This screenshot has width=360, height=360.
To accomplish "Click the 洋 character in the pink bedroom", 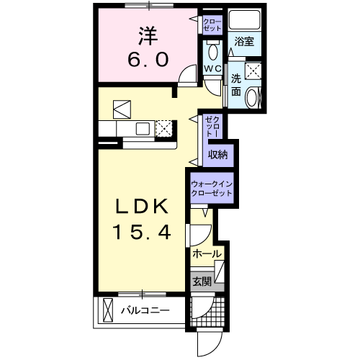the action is click(148, 36).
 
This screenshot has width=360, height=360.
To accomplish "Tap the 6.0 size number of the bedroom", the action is click(148, 60).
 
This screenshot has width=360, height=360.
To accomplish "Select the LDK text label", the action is click(142, 207).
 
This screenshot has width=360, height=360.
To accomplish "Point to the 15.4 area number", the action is click(142, 232).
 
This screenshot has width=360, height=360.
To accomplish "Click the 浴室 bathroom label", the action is click(244, 42).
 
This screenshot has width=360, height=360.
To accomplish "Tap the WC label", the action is click(212, 69).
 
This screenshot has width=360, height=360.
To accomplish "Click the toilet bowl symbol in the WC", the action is click(213, 52).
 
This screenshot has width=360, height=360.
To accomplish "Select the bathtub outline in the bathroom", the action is click(244, 19).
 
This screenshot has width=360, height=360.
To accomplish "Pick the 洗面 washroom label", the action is click(236, 85).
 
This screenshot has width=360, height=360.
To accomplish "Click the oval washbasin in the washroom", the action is click(251, 97).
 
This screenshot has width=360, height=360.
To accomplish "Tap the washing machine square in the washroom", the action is click(253, 71).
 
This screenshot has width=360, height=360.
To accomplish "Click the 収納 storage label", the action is click(217, 155).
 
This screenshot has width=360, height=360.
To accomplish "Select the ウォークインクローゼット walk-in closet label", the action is click(212, 189).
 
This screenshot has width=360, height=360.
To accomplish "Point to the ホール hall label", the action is click(207, 253).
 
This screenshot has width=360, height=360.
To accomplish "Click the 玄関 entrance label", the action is click(202, 282).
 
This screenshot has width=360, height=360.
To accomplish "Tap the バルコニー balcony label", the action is click(145, 310).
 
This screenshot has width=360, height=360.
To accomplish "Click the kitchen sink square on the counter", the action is click(143, 128).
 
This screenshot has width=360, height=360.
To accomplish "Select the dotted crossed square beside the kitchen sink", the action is click(163, 128).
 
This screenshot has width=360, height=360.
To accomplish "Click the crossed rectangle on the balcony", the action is click(107, 310).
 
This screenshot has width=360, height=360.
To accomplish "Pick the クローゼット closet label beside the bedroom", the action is click(212, 24).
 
